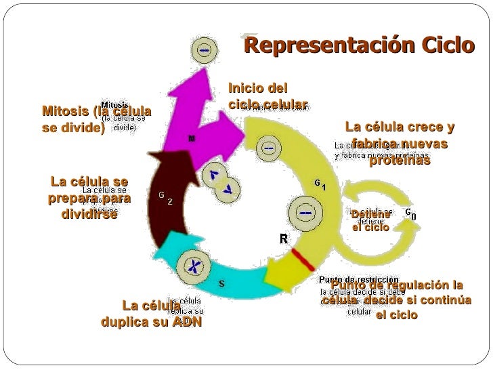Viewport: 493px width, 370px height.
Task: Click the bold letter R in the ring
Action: tap(284, 239)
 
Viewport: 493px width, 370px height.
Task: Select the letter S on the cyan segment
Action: tap(221, 283)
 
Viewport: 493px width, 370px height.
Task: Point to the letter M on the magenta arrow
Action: tap(192, 138)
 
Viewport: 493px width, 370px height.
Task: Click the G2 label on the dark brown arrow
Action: tap(165, 197)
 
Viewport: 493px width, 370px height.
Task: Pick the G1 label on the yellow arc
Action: tap(320, 184)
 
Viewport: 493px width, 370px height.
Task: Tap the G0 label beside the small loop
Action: tap(410, 214)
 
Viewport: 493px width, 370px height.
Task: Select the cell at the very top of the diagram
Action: tap(202, 51)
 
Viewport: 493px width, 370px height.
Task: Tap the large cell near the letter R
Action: tap(304, 213)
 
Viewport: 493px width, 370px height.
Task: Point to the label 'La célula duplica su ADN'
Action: tap(152, 314)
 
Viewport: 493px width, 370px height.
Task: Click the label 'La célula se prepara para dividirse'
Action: tap(89, 197)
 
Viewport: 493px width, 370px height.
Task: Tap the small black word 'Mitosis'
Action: tap(116, 104)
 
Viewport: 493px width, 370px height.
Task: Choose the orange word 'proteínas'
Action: tap(399, 161)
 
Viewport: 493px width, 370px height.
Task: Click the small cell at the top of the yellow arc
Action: tap(270, 148)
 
